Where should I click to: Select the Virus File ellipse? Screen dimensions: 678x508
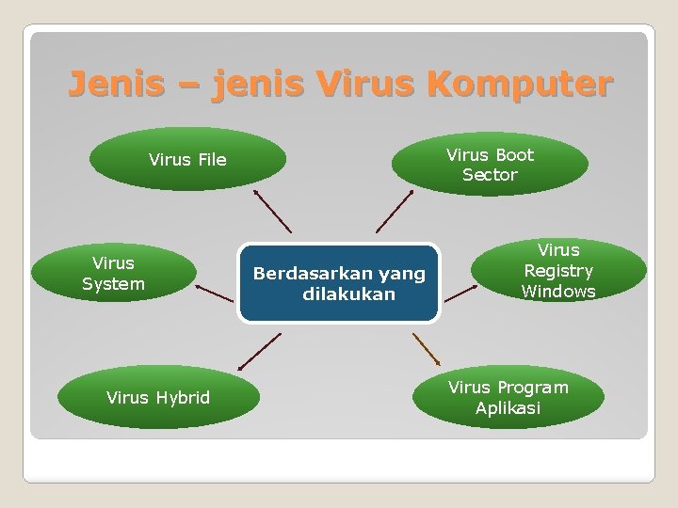187,159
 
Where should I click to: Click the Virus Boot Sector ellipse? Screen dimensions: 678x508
490,164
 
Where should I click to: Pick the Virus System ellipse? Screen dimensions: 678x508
113,273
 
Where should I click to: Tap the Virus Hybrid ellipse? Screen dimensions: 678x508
158,397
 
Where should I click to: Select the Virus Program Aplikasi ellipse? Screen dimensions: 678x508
508,397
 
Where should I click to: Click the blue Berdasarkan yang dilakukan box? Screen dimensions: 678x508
339,283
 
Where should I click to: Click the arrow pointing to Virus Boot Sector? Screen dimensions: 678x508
394,211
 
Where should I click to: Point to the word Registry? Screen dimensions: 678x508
558,271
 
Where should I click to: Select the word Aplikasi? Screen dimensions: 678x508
508,408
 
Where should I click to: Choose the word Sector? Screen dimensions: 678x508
490,175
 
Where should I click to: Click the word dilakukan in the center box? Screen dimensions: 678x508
348,294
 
